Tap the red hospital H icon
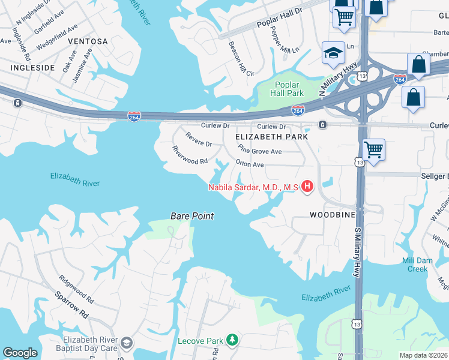[x=307, y=187]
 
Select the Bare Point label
[x=192, y=216]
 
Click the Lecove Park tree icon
[x=232, y=341]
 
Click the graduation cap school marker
[x=333, y=53]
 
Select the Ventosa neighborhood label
[x=88, y=41]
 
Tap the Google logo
[x=20, y=353]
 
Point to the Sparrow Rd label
[x=72, y=305]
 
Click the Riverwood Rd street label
[x=190, y=156]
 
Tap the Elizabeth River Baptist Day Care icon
[x=126, y=343]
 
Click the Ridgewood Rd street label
[x=76, y=289]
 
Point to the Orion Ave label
[x=250, y=164]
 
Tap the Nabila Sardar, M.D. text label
[x=253, y=187]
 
